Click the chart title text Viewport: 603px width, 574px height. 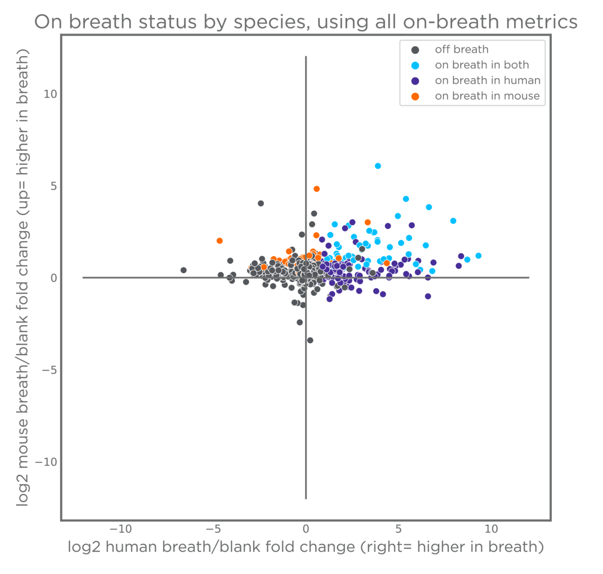tap(306, 22)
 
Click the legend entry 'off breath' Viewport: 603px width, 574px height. tap(461, 50)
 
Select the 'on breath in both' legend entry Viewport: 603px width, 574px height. tap(481, 65)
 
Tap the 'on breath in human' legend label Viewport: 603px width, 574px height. tap(487, 81)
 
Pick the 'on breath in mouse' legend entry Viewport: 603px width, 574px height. tap(487, 96)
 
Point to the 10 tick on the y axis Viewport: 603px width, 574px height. tap(50, 94)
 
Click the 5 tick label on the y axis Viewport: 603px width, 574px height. tap(53, 186)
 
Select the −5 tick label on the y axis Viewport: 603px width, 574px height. tap(50, 370)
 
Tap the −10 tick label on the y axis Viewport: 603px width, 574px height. tap(47, 462)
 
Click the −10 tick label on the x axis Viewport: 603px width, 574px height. tap(121, 529)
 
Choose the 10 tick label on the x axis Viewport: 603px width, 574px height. tap(491, 529)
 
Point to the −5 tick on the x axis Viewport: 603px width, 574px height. tap(213, 529)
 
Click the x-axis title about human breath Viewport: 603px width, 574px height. tap(306, 547)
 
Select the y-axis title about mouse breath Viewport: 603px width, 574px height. tap(23, 277)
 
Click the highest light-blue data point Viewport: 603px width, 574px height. tap(378, 166)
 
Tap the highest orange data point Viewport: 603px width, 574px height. tap(317, 189)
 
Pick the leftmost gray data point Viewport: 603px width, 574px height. tap(183, 270)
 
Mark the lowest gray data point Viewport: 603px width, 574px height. tap(310, 340)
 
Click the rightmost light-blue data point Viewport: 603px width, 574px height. tap(478, 256)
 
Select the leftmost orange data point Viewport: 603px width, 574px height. tap(220, 241)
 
